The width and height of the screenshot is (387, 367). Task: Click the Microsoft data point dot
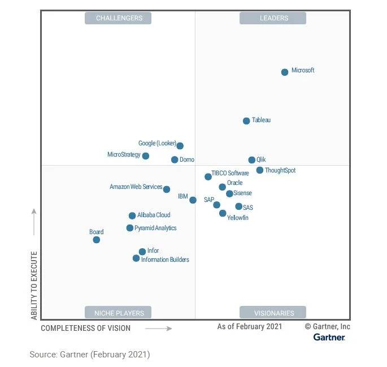pos(285,72)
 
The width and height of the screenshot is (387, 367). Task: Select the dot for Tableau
pos(246,121)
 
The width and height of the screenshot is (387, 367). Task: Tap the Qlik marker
pos(252,160)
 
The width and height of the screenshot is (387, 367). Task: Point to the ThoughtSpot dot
pos(260,170)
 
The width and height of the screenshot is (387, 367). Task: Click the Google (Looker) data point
pos(180,146)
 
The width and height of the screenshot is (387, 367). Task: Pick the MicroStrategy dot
pos(146,156)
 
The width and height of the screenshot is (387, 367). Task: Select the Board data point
pos(97,240)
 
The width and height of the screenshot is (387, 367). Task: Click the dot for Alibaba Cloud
pos(132,215)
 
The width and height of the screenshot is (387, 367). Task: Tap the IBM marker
pos(193,200)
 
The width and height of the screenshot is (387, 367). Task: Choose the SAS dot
pos(239,206)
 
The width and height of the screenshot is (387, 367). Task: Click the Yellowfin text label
pos(237,218)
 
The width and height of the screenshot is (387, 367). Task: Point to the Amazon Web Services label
pos(136,187)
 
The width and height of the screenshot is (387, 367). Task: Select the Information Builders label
pos(165,260)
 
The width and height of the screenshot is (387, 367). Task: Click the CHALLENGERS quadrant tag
pos(119,18)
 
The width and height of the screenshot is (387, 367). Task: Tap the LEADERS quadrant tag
pos(273,18)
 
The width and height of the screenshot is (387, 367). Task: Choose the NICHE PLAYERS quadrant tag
pos(119,313)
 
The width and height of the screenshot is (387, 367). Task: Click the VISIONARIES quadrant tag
pos(273,313)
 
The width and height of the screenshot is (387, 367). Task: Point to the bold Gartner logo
pos(329,338)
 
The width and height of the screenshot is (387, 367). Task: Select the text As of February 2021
pos(250,327)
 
